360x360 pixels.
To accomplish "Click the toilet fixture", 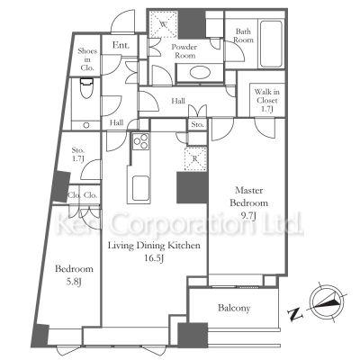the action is [87, 88].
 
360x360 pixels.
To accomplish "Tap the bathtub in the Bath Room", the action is [271, 44].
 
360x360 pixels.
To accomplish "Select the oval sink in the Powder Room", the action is [199, 73].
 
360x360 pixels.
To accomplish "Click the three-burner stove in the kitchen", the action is [140, 141].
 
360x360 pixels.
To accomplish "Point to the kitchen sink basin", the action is [140, 188].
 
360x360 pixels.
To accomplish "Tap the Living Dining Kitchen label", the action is [154, 246].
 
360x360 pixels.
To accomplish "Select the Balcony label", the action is [234, 308].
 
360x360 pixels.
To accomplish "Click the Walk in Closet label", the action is [266, 101].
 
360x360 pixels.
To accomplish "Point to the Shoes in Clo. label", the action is [87, 59].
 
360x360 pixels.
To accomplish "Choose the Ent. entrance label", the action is [121, 45].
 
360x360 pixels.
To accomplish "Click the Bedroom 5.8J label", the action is [74, 275].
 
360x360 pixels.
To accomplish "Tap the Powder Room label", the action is [184, 51].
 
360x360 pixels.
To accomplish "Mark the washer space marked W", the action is [163, 23].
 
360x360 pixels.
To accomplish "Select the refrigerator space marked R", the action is [195, 158].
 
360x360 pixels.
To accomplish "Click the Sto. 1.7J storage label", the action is [77, 154].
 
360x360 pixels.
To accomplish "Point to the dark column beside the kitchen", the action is [192, 188].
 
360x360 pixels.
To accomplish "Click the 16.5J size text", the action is [154, 257].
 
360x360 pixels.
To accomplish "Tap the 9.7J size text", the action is [249, 216].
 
